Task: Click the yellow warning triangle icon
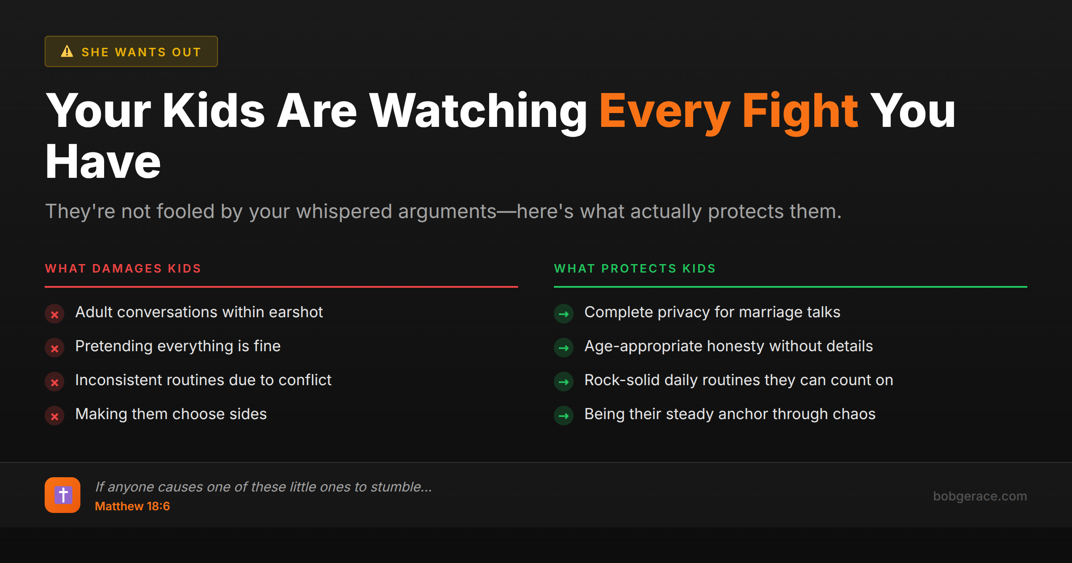(67, 51)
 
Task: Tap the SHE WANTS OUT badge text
(141, 52)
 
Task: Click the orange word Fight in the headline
(800, 111)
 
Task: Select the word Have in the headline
(103, 162)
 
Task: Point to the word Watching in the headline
(478, 111)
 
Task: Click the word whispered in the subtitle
(344, 211)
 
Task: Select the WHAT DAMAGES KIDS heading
(123, 269)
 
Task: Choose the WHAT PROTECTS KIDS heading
(635, 269)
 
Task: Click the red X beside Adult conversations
(54, 314)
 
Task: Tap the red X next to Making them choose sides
(54, 416)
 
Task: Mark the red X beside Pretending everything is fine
(54, 348)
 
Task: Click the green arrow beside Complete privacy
(564, 314)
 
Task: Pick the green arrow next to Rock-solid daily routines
(564, 382)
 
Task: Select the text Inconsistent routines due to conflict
(203, 380)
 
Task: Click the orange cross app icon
(63, 495)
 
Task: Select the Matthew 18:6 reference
(132, 506)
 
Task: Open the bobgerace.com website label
(980, 496)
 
